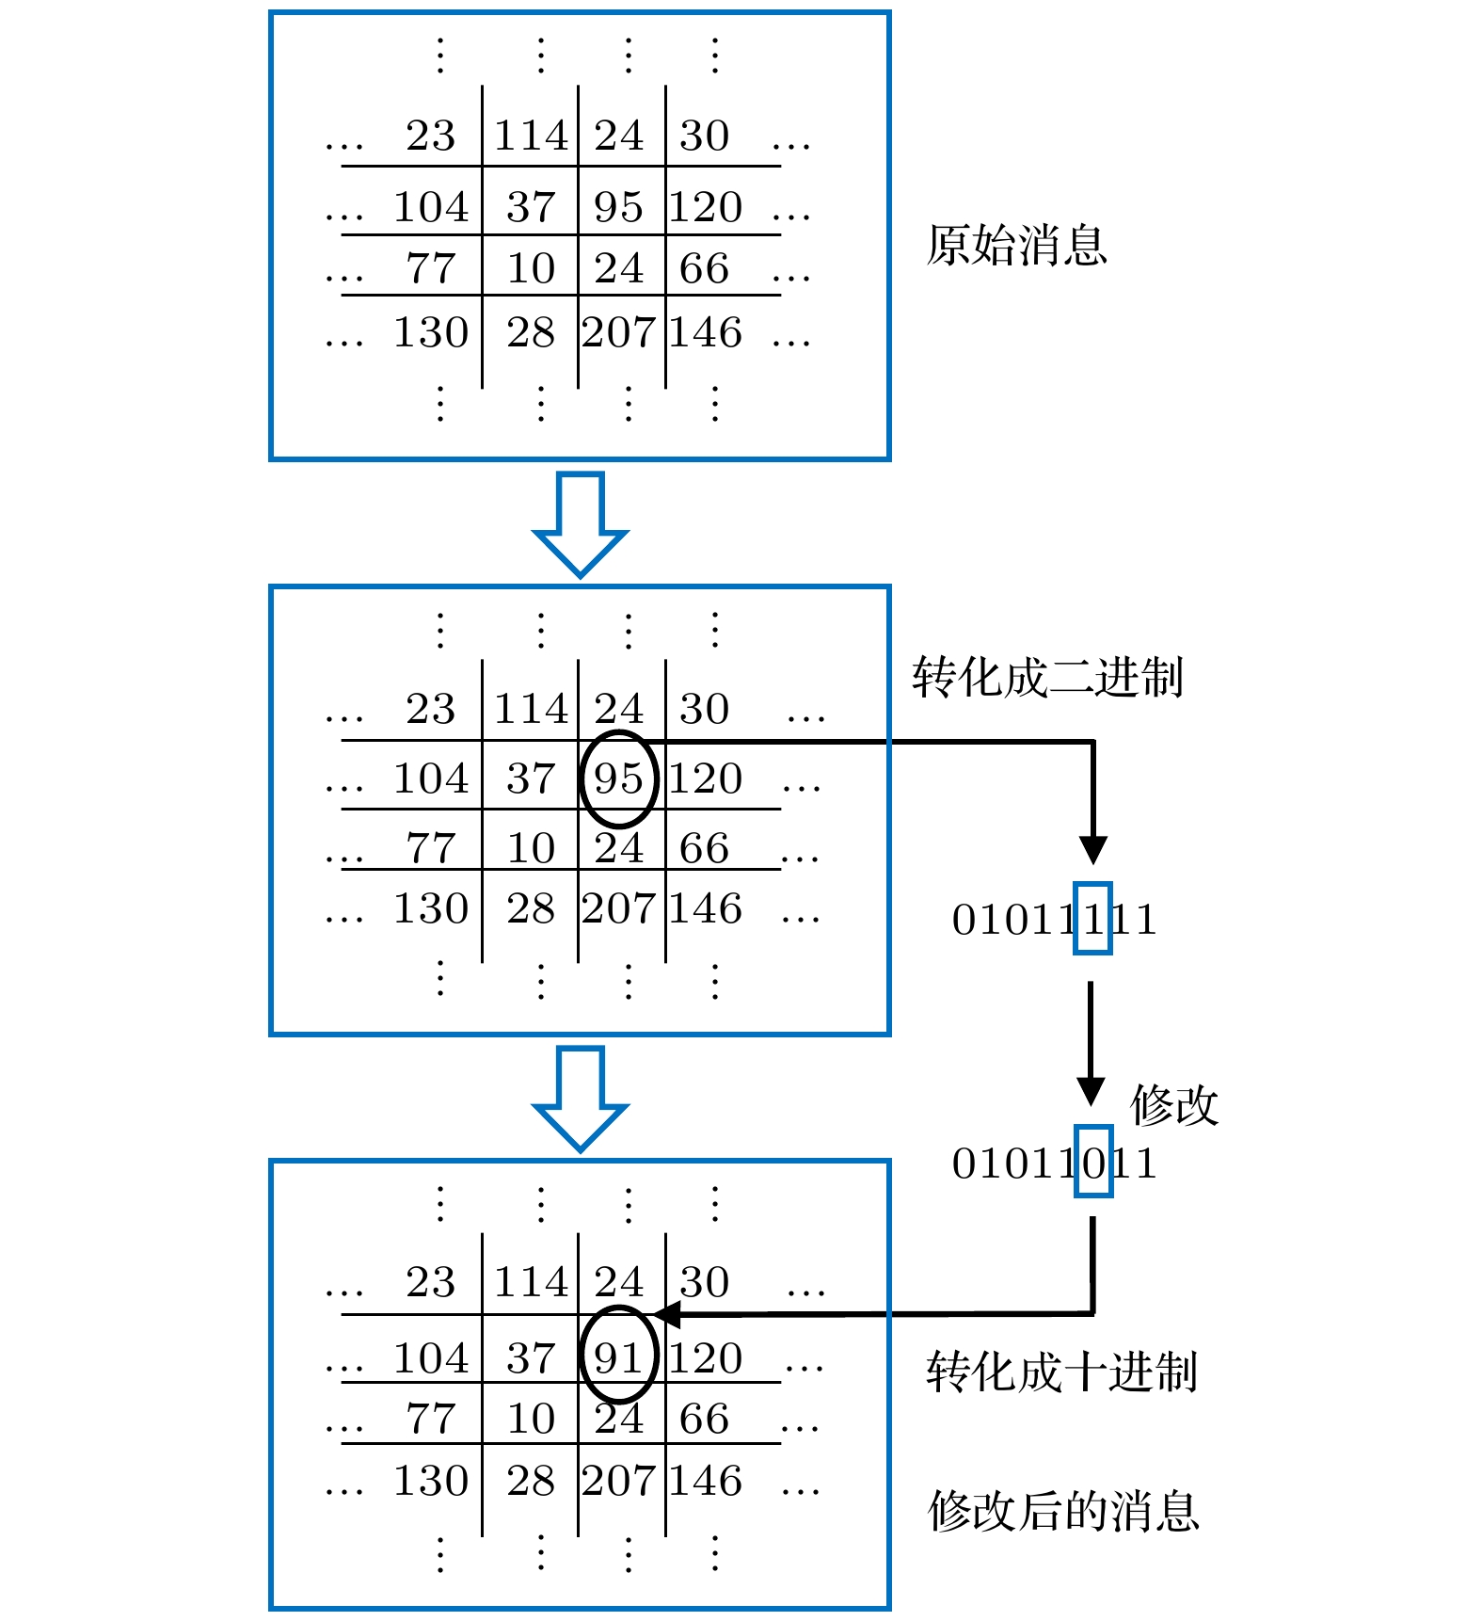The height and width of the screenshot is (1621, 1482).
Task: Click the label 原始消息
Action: tap(1016, 246)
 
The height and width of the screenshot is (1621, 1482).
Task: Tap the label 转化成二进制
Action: tap(1046, 678)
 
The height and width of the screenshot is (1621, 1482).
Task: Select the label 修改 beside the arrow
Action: tap(1173, 1105)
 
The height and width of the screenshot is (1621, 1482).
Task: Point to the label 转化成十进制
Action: tap(1061, 1372)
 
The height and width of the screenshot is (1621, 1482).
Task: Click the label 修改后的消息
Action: tap(1063, 1511)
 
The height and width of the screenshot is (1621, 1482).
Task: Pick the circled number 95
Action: tap(618, 779)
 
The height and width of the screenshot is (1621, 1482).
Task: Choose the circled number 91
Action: tap(618, 1357)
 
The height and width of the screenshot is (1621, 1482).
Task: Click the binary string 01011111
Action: tap(1054, 920)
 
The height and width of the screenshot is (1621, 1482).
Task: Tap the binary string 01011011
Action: tap(1054, 1164)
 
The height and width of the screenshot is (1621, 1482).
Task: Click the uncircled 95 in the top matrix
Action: tap(618, 207)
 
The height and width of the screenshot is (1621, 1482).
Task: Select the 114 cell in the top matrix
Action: tap(532, 136)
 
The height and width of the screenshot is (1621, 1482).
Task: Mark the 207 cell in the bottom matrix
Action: tap(618, 1481)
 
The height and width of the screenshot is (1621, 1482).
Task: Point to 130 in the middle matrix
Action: tap(431, 908)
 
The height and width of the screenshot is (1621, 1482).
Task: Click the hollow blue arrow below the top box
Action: tap(580, 523)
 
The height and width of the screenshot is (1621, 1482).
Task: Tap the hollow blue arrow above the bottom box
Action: tap(580, 1098)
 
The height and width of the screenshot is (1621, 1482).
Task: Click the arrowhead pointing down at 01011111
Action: tap(1092, 849)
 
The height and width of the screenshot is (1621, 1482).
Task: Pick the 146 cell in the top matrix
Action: tap(706, 332)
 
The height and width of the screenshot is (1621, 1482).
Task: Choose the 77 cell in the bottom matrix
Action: tap(431, 1419)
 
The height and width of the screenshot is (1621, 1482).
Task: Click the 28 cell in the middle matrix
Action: tap(532, 908)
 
